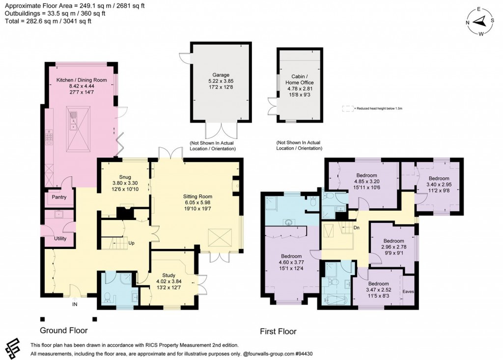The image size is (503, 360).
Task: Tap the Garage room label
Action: point(221,75)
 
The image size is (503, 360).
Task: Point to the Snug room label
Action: point(125,177)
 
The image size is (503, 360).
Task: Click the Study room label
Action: point(172,275)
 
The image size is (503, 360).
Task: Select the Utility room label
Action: point(60,238)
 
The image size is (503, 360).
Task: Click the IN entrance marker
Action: point(75,305)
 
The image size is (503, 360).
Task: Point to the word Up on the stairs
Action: point(132,243)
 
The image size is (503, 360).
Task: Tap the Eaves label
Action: point(408,291)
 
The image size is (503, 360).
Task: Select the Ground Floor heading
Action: point(63,330)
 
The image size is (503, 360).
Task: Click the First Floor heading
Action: point(278,332)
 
